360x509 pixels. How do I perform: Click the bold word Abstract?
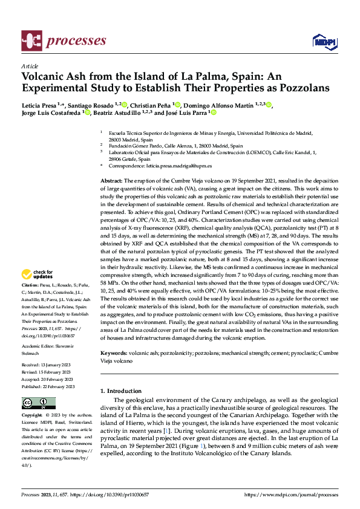(111, 181)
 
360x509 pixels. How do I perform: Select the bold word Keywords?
(114, 352)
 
